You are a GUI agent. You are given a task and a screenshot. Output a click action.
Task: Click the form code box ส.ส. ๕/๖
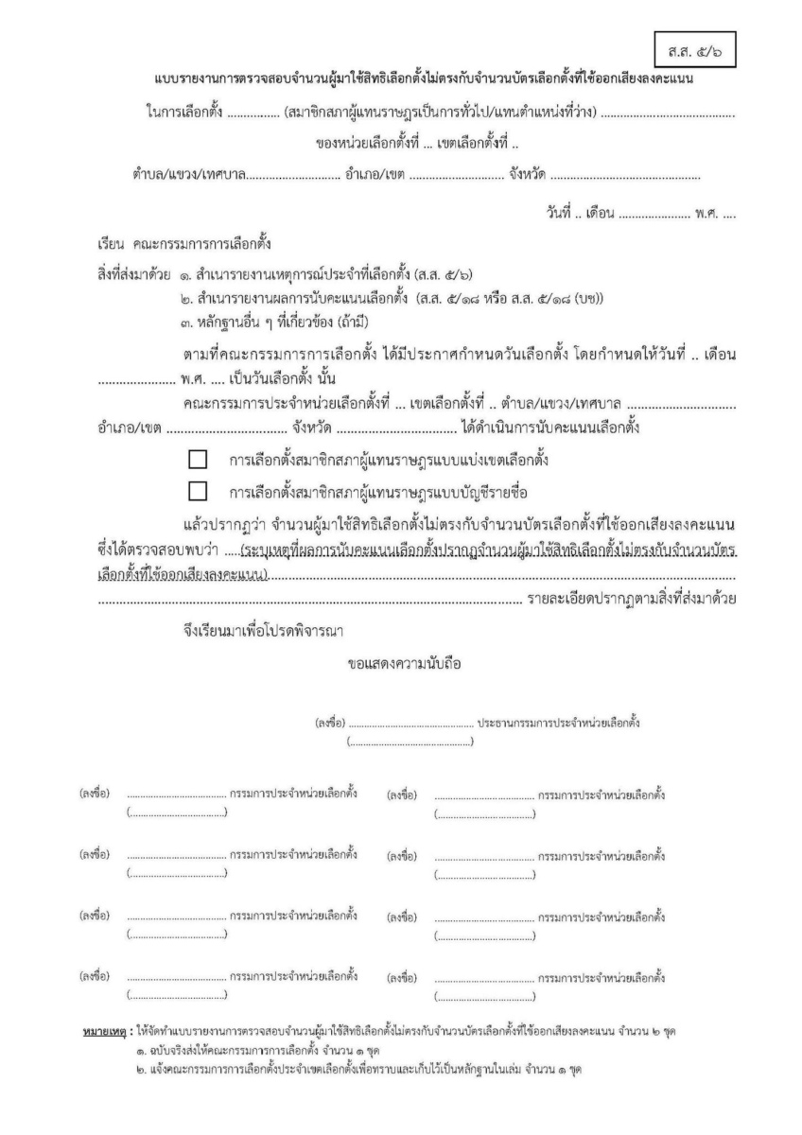pyautogui.click(x=694, y=44)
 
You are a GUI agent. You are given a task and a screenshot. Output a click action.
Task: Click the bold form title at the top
pyautogui.click(x=424, y=79)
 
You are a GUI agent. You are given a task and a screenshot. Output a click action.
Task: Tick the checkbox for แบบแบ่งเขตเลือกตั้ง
pyautogui.click(x=198, y=460)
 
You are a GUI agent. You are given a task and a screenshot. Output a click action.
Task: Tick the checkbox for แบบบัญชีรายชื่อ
pyautogui.click(x=198, y=491)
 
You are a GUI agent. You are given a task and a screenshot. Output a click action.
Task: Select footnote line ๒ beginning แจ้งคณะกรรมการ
pyautogui.click(x=359, y=1069)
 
